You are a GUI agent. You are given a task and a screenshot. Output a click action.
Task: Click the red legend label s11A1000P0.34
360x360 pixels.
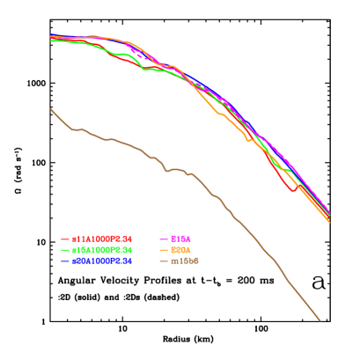click(102, 239)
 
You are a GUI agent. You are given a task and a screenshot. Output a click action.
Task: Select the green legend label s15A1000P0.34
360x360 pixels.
click(102, 250)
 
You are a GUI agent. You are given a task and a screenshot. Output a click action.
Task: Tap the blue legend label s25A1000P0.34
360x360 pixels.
click(102, 261)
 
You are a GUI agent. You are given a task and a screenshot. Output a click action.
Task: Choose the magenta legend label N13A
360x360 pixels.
click(180, 239)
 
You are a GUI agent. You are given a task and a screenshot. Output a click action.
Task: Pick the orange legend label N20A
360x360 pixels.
click(180, 250)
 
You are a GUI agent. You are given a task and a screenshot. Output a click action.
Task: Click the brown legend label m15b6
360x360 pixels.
click(185, 261)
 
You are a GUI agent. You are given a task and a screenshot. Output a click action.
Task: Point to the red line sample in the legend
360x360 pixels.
click(65, 239)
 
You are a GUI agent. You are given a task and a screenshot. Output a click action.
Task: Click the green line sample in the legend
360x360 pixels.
click(65, 250)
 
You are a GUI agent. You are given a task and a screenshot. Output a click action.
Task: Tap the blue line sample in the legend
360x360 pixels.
click(65, 261)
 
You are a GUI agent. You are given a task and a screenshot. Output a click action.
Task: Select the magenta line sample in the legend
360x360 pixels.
click(164, 239)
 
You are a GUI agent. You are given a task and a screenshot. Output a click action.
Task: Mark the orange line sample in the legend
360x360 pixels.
click(164, 250)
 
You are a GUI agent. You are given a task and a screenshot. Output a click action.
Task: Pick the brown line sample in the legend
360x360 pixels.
click(164, 261)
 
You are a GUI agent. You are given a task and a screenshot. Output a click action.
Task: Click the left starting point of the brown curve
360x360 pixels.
click(51, 109)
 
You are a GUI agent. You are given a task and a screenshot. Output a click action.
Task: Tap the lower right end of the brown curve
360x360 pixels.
click(320, 320)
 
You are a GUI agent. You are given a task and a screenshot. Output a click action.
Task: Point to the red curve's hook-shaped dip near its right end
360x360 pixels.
click(294, 189)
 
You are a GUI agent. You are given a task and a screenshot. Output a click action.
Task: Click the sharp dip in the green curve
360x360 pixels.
click(144, 69)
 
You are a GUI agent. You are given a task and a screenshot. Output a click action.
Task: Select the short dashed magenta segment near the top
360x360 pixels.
click(139, 55)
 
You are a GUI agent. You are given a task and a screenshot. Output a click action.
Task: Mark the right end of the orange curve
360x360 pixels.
click(329, 222)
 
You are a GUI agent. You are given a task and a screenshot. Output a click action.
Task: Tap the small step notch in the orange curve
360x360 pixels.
click(248, 138)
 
